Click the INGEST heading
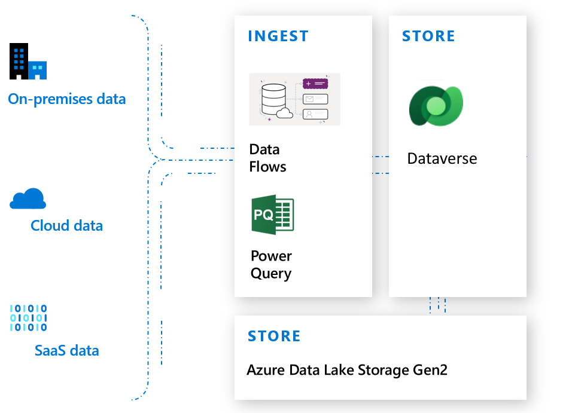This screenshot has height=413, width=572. click(x=278, y=36)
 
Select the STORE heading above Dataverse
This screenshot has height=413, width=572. click(x=428, y=36)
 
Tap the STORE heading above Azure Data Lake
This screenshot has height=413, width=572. click(x=274, y=336)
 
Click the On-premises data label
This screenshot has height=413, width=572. click(x=67, y=99)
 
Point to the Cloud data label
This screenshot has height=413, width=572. click(x=66, y=226)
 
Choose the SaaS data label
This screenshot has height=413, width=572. click(x=66, y=350)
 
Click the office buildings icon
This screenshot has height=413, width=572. click(x=28, y=62)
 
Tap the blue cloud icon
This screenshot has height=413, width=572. click(x=28, y=198)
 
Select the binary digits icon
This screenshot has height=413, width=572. click(x=28, y=318)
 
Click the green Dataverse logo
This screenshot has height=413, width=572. click(x=436, y=106)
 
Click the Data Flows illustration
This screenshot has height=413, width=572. click(x=294, y=99)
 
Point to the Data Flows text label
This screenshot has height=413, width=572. click(x=267, y=158)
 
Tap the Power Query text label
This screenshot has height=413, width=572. click(x=271, y=265)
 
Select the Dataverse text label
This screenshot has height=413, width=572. click(x=442, y=159)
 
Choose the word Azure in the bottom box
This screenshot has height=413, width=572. click(x=264, y=370)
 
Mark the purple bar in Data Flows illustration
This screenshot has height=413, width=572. click(x=315, y=84)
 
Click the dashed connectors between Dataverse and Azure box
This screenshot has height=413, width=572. click(x=437, y=305)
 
